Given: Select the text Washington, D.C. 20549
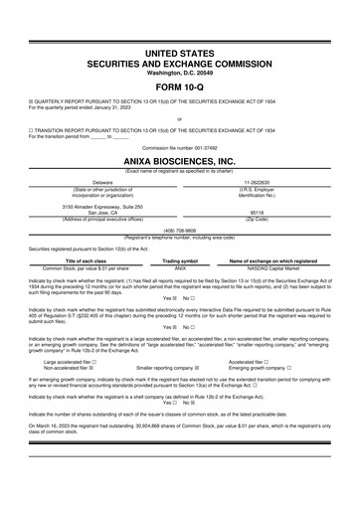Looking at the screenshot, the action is (x=180, y=72).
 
